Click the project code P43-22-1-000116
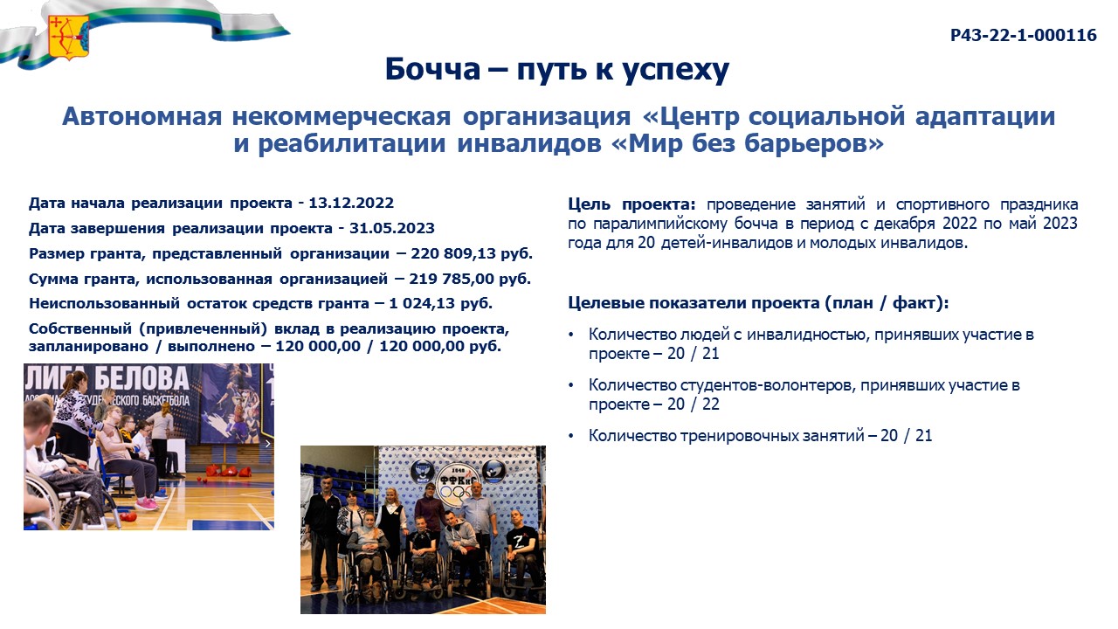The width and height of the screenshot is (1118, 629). (x=1023, y=36)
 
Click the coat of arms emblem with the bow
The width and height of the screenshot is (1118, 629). (x=68, y=38)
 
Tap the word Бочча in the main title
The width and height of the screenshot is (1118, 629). (x=432, y=69)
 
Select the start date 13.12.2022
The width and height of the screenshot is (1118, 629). (x=351, y=204)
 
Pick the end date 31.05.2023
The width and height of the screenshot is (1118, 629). (x=392, y=228)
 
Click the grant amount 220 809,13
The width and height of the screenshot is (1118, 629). (x=452, y=253)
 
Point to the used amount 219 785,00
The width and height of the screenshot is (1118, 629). (x=452, y=279)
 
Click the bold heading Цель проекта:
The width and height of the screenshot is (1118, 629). (x=631, y=204)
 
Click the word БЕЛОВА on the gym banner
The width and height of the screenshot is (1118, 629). (x=141, y=379)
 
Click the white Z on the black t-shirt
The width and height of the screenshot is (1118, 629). (x=519, y=541)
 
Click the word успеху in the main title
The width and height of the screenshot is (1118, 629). (x=676, y=70)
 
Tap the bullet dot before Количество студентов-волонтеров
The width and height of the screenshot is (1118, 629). (x=571, y=385)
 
